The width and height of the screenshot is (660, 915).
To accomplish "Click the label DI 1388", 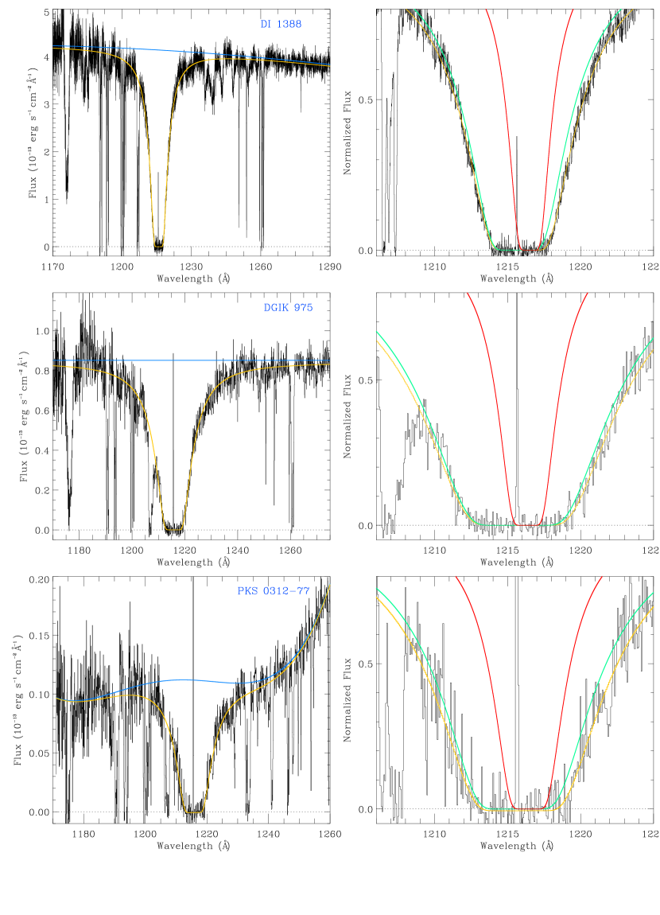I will click(281, 25).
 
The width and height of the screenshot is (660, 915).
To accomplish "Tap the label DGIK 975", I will click(288, 308).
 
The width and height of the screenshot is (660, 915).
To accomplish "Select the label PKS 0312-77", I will click(273, 591).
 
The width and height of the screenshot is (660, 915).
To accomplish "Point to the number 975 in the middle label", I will click(303, 308).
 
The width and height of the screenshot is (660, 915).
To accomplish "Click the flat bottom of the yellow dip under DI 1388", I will click(159, 246).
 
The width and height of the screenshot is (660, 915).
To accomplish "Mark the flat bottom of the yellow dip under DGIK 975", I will click(173, 529).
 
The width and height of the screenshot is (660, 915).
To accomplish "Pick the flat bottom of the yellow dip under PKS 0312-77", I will click(193, 812).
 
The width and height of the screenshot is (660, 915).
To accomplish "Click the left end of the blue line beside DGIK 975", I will click(53, 360).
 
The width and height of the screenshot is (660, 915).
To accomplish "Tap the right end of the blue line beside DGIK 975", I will click(329, 360).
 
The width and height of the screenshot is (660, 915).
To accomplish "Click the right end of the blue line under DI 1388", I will click(329, 64).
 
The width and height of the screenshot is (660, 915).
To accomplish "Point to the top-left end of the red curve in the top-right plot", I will click(486, 10).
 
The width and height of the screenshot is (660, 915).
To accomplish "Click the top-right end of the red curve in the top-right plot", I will click(573, 10).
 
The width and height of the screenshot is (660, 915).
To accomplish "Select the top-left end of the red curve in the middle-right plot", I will click(468, 294).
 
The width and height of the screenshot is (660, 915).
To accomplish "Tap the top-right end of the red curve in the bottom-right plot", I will click(601, 577).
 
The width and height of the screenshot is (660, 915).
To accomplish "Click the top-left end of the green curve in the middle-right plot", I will click(376, 332).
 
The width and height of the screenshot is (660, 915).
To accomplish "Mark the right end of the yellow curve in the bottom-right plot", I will click(653, 607).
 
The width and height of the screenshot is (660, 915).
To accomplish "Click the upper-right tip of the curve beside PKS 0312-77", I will click(329, 585).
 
